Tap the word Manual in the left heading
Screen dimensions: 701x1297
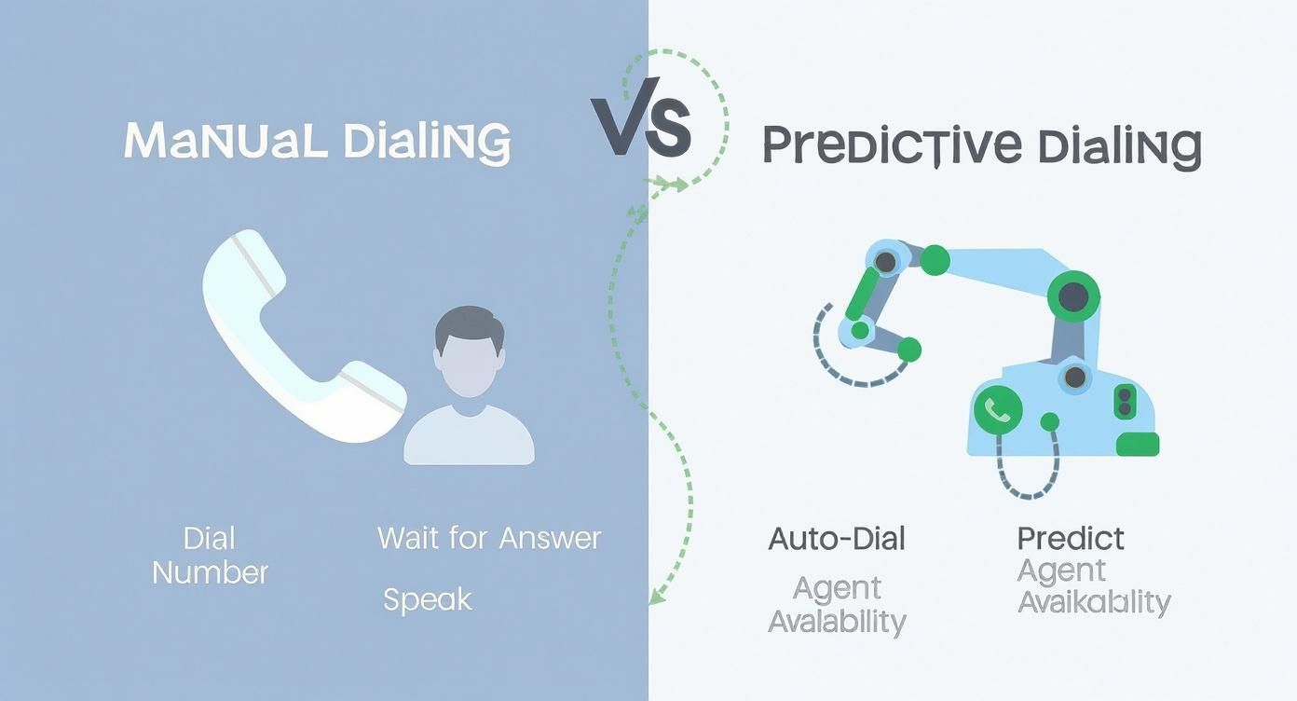tap(225, 141)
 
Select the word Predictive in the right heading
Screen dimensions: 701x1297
tap(885, 146)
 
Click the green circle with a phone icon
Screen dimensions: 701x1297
tap(998, 409)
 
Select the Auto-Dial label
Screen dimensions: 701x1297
tap(836, 538)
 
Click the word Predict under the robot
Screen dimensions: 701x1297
tap(1071, 538)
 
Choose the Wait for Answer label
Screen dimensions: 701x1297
tap(489, 538)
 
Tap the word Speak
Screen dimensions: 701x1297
tap(428, 599)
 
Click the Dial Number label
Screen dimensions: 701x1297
tap(210, 555)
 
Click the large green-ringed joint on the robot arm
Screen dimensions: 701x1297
tap(1073, 297)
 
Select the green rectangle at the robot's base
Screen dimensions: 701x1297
tap(1137, 444)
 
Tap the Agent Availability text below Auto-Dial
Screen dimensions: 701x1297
tap(837, 604)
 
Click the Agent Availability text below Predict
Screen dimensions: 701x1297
tap(1093, 586)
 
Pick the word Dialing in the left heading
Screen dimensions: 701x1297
tap(426, 143)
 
